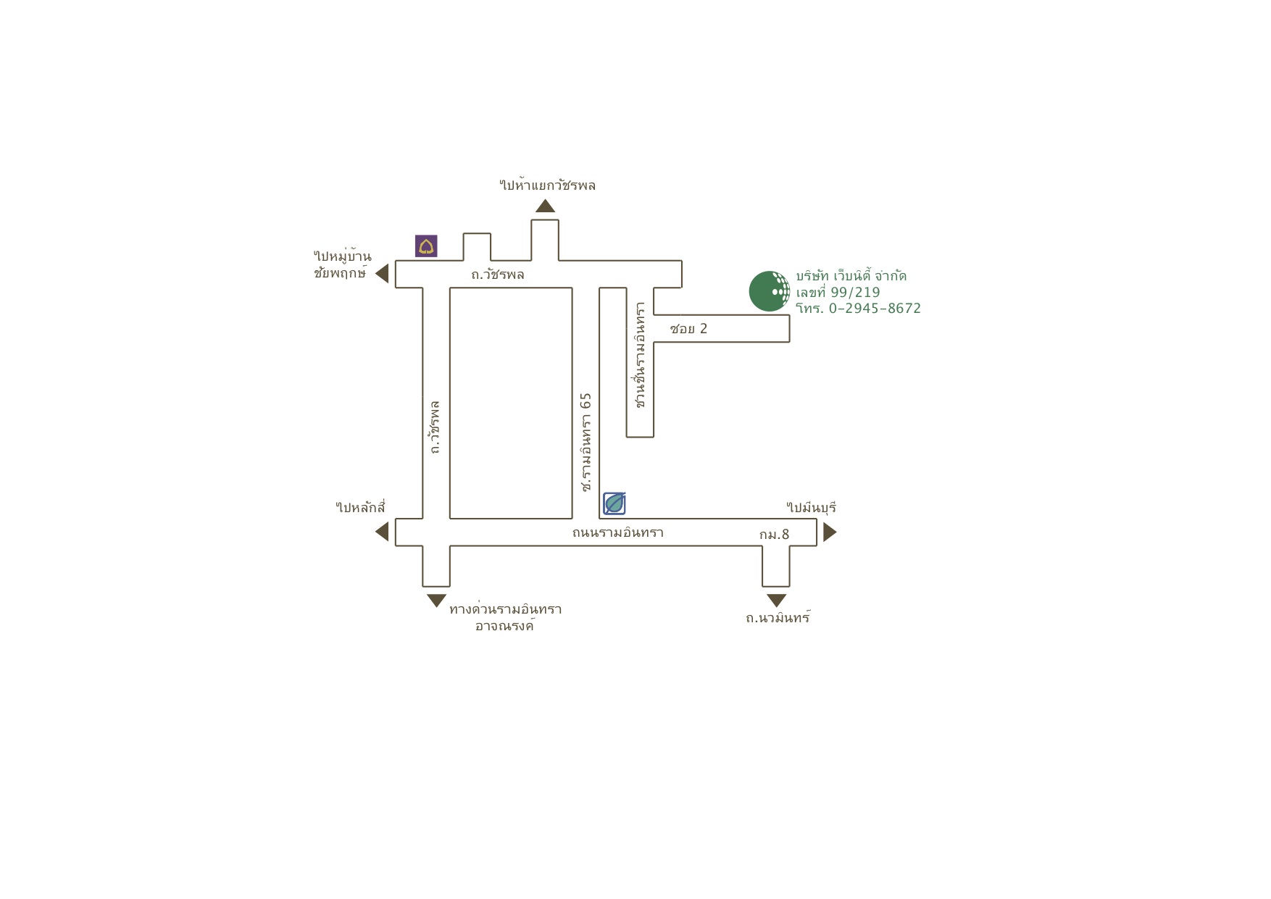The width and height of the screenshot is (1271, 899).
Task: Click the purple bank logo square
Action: [x=426, y=246]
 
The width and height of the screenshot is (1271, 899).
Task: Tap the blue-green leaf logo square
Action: [x=614, y=503]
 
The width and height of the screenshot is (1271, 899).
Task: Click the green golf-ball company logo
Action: [x=769, y=291]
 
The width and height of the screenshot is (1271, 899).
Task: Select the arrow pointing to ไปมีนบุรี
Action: [x=829, y=532]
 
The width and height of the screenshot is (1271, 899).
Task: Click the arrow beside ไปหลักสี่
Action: [x=383, y=532]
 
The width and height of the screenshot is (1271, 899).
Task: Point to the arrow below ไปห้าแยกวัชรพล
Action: [x=545, y=206]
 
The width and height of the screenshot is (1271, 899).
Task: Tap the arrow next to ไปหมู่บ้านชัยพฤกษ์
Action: [x=383, y=274]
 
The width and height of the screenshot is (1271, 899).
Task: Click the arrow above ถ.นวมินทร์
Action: [x=776, y=600]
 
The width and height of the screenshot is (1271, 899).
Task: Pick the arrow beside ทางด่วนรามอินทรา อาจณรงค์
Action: [x=436, y=600]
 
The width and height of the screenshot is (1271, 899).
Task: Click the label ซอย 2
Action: [x=688, y=329]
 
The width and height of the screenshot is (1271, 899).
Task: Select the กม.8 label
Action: [x=774, y=535]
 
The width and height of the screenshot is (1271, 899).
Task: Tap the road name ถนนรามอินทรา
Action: [x=617, y=532]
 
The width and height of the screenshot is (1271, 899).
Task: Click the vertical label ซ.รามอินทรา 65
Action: [x=586, y=442]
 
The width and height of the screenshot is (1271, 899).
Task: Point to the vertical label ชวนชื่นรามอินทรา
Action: [x=640, y=355]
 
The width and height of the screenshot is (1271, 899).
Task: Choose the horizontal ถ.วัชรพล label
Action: [x=497, y=275]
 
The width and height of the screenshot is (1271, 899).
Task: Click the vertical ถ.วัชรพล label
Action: [x=435, y=427]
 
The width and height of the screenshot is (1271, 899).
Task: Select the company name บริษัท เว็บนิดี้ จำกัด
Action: [x=851, y=276]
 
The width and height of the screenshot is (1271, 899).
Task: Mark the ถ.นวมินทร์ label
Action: [x=778, y=618]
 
